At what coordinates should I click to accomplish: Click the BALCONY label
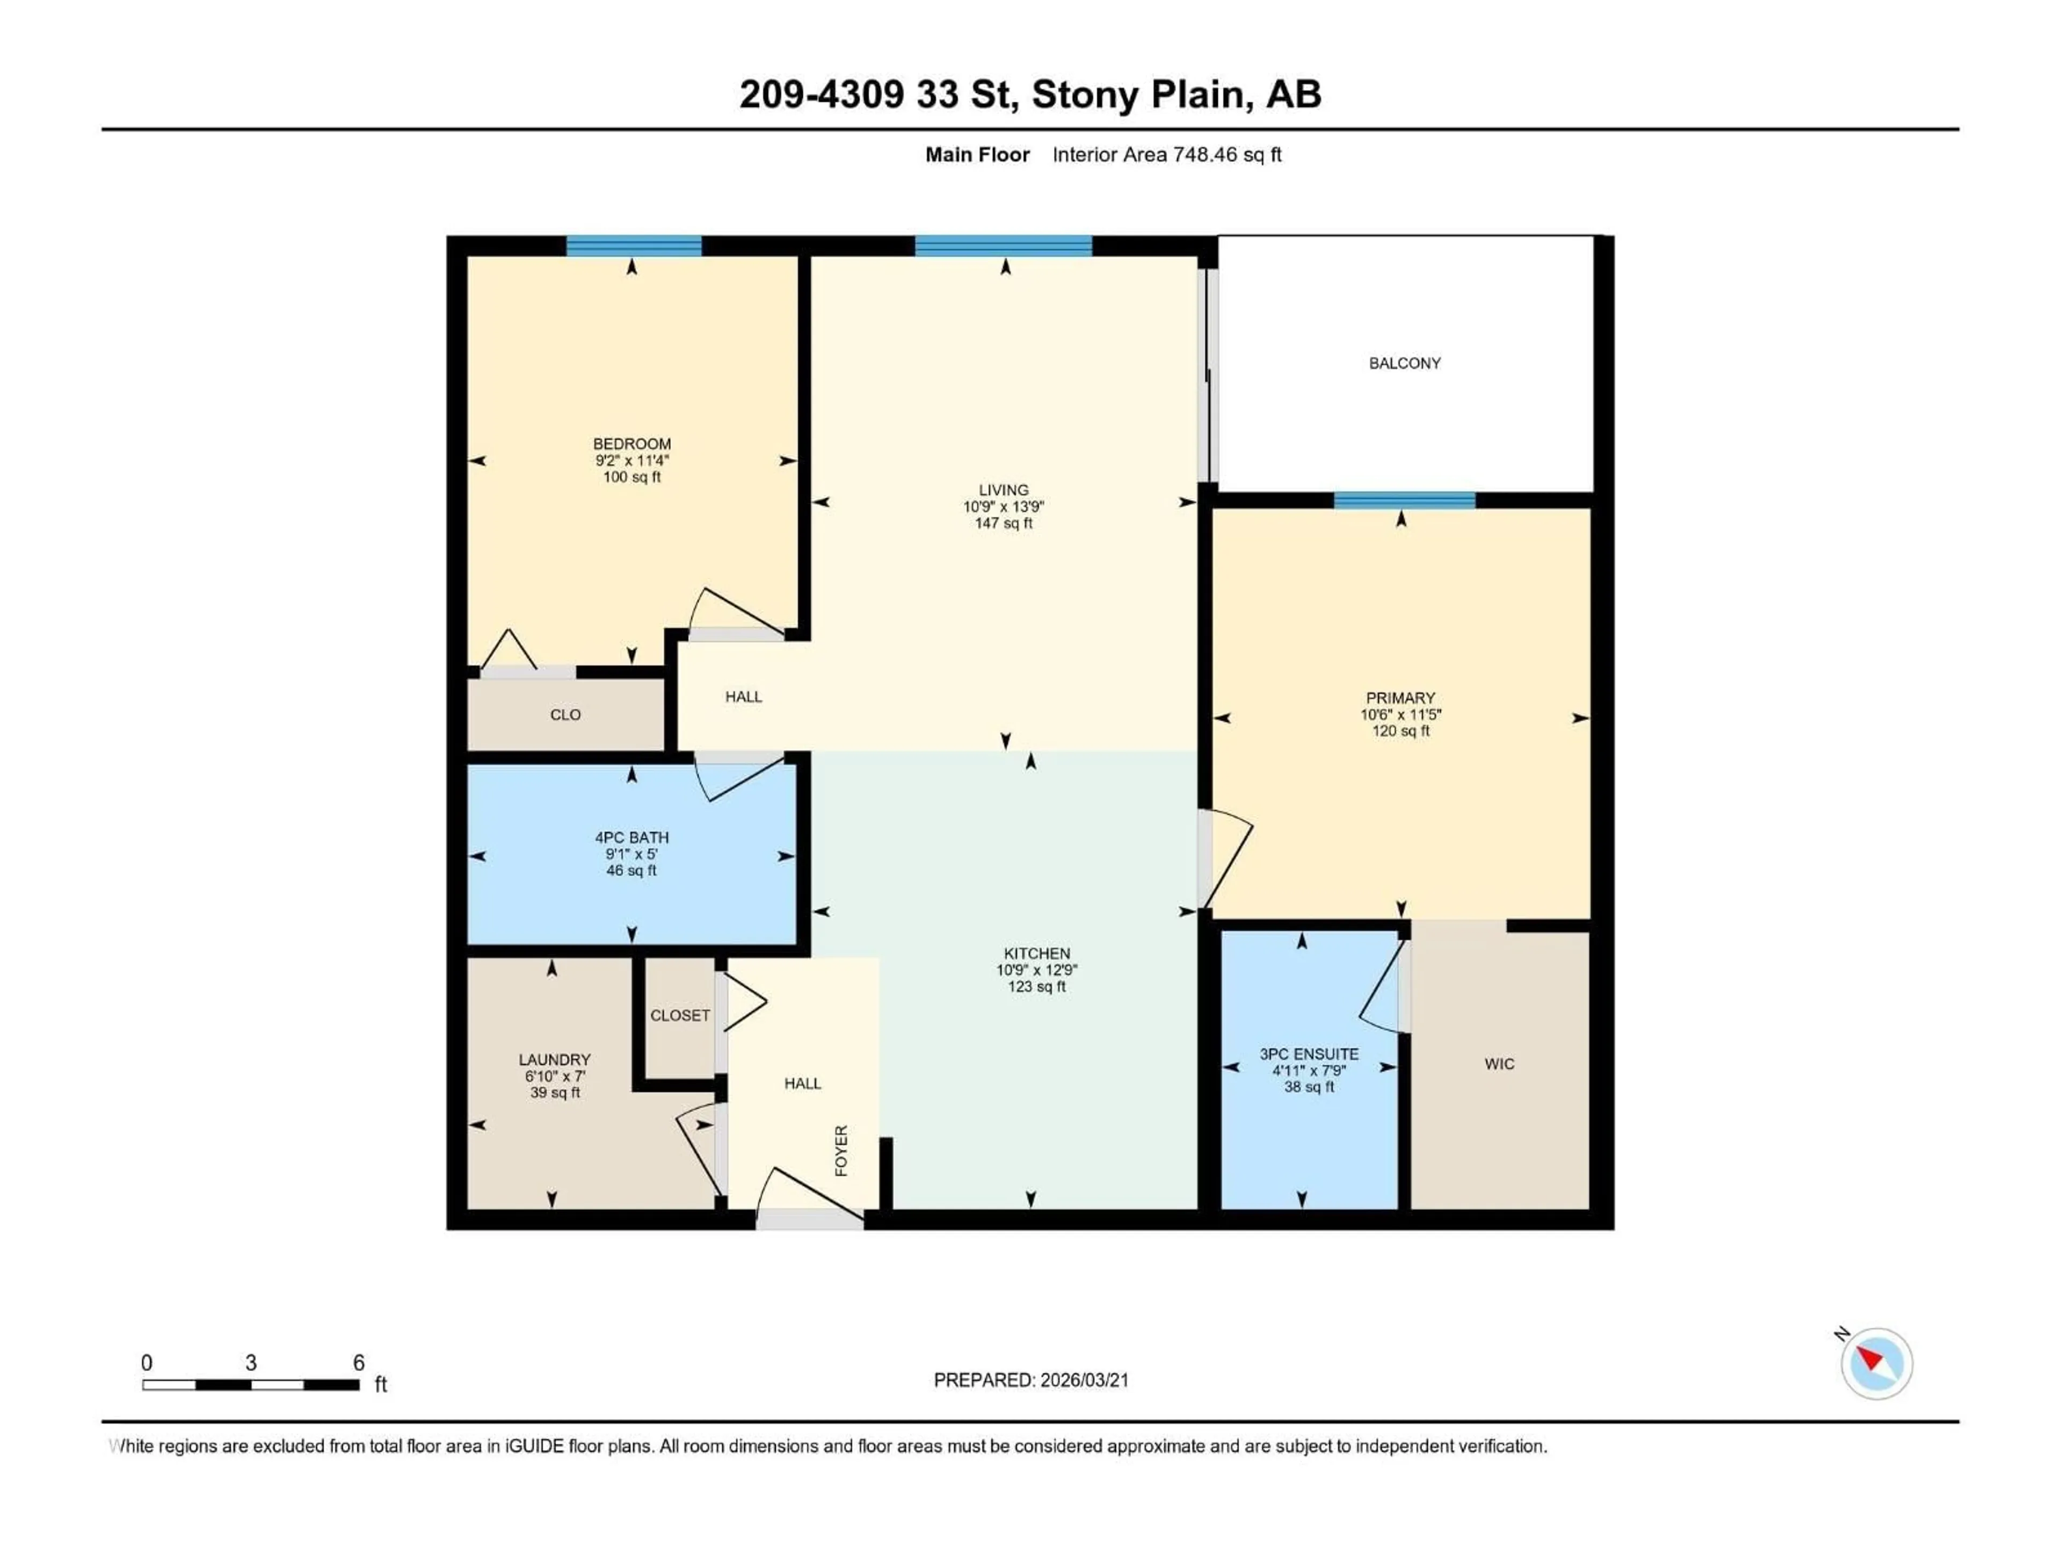pyautogui.click(x=1404, y=363)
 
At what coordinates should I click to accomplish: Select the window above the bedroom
pyautogui.click(x=634, y=246)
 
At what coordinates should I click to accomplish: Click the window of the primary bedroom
pyautogui.click(x=1404, y=501)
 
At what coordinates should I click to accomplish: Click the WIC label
pyautogui.click(x=1499, y=1064)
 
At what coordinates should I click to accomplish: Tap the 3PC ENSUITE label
pyautogui.click(x=1309, y=1054)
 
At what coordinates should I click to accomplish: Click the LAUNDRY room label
pyautogui.click(x=555, y=1059)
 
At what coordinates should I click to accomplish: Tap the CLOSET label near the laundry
pyautogui.click(x=680, y=1015)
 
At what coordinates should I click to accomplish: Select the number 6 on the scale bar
pyautogui.click(x=358, y=1362)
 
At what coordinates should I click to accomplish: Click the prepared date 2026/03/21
pyautogui.click(x=1081, y=1380)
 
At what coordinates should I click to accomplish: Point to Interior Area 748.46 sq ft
pyautogui.click(x=1166, y=155)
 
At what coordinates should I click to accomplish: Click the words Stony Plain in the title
pyautogui.click(x=1137, y=94)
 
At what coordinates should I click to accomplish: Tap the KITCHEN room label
pyautogui.click(x=1036, y=953)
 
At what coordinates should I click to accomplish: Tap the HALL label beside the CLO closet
pyautogui.click(x=743, y=697)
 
